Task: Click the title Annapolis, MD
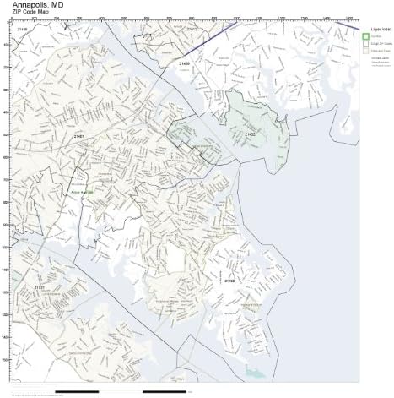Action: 35,6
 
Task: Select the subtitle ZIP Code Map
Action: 30,15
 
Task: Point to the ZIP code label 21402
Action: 251,134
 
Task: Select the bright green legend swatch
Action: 366,37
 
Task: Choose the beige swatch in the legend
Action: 366,44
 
